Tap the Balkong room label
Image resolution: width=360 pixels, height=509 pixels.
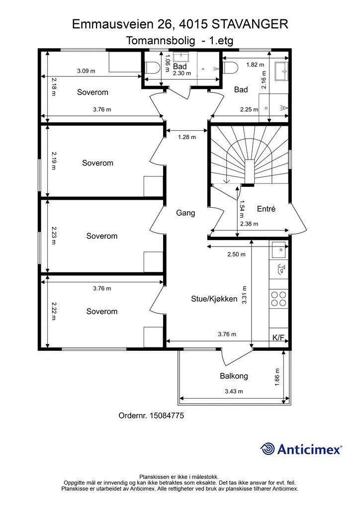pyautogui.click(x=234, y=376)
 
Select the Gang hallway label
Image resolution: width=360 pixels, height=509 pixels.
pyautogui.click(x=185, y=213)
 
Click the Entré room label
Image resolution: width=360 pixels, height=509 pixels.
pyautogui.click(x=266, y=209)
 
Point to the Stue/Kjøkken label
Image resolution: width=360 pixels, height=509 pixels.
pyautogui.click(x=214, y=299)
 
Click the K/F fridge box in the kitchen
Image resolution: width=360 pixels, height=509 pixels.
pyautogui.click(x=278, y=338)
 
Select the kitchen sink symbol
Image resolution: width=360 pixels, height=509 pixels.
pyautogui.click(x=278, y=250)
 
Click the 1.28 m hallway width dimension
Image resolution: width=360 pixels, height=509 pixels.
pyautogui.click(x=186, y=137)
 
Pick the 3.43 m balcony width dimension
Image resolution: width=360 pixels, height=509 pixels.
pyautogui.click(x=234, y=391)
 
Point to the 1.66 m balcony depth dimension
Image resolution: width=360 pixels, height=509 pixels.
pyautogui.click(x=277, y=377)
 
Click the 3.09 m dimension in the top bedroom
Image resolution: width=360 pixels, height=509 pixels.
pyautogui.click(x=86, y=71)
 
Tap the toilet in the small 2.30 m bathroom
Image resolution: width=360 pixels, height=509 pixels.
pyautogui.click(x=152, y=68)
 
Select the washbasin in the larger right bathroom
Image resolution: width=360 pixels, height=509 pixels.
pyautogui.click(x=281, y=71)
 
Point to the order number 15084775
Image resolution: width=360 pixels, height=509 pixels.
pyautogui.click(x=151, y=415)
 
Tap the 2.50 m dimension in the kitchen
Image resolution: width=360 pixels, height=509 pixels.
pyautogui.click(x=236, y=254)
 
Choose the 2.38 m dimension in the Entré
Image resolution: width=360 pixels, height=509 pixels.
pyautogui.click(x=249, y=224)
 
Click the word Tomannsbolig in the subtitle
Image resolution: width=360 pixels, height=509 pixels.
pyautogui.click(x=161, y=41)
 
